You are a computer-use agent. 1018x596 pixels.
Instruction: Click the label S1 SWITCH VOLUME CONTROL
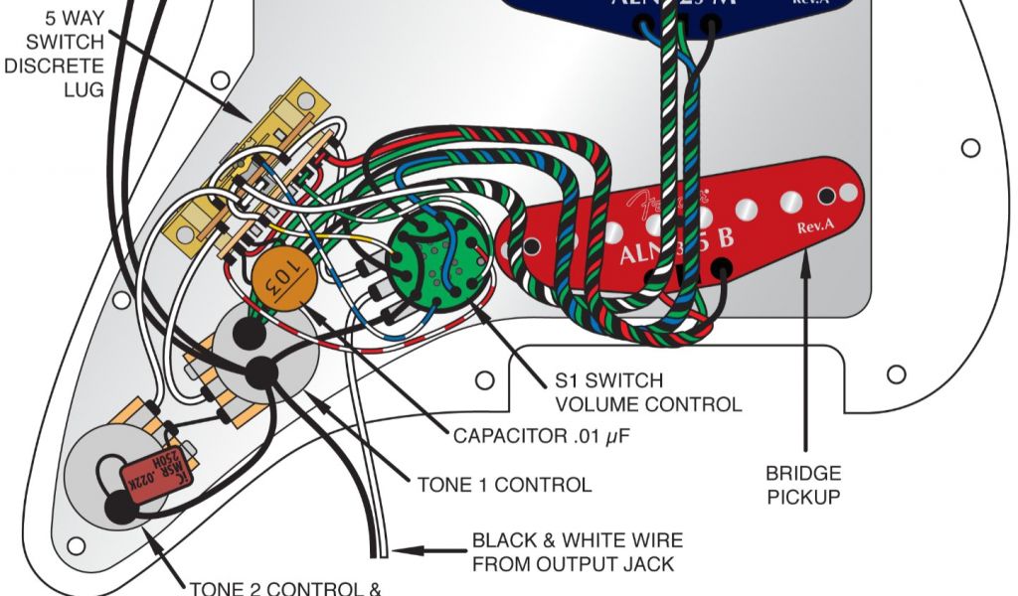647,392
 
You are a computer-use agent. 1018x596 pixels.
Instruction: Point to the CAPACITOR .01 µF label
542,436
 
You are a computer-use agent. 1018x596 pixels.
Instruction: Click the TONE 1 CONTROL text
504,485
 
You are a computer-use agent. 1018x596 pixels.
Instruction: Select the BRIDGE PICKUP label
803,484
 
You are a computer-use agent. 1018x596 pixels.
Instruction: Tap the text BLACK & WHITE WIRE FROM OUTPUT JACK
577,552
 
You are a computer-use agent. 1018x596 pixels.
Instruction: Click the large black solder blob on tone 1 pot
261,372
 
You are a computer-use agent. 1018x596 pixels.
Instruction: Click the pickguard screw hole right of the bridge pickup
969,148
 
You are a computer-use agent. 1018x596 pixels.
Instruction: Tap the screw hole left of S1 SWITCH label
484,379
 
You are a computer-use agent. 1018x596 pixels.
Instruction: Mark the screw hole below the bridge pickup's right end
896,373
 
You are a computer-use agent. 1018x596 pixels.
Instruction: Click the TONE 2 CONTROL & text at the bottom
285,587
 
